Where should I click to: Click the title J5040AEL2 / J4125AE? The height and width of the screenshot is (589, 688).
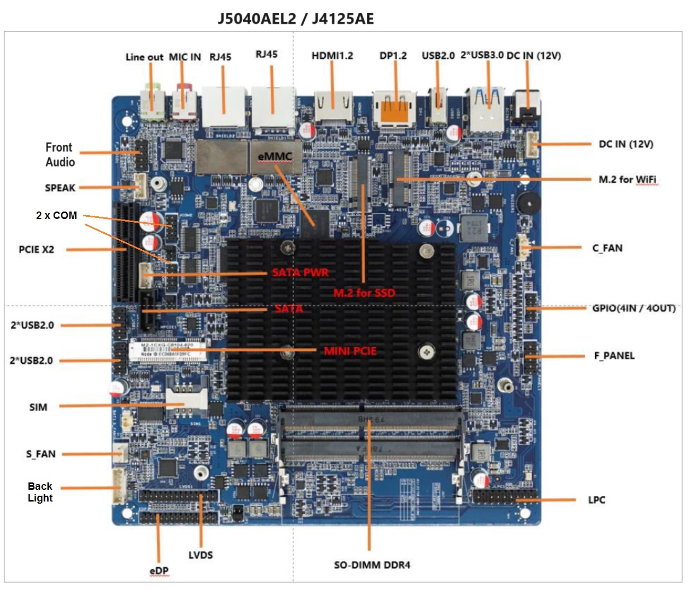click(296, 19)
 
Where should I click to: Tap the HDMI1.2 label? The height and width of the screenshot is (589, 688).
click(332, 56)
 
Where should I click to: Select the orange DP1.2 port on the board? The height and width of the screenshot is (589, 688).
click(395, 108)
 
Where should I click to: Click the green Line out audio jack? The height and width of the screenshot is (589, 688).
click(152, 103)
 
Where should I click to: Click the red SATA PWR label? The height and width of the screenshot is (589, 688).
click(300, 272)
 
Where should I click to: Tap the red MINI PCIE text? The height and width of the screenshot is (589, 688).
click(350, 351)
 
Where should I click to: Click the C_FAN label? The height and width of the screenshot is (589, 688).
click(607, 248)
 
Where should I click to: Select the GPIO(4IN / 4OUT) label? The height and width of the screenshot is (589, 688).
click(634, 308)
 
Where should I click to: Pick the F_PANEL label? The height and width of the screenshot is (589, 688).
click(614, 356)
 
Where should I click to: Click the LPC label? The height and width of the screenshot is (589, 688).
click(597, 500)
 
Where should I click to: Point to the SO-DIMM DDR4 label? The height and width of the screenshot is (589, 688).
click(372, 565)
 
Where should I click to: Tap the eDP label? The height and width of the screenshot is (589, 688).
click(159, 570)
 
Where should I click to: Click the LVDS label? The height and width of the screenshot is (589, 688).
click(200, 555)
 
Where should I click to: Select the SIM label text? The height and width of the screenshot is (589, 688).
click(38, 407)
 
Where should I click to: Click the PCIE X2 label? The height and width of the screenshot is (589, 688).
click(37, 249)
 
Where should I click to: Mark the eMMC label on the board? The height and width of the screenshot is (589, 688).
click(275, 156)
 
